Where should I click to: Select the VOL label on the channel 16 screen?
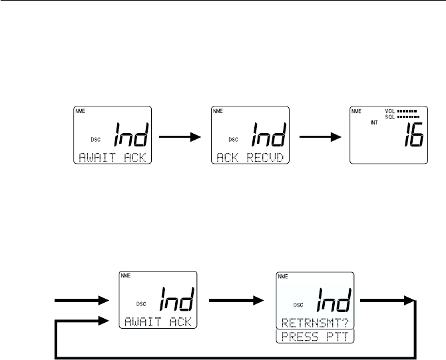(389, 111)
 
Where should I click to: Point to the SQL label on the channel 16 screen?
(389, 116)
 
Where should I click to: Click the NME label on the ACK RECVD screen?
(217, 111)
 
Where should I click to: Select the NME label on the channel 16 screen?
(355, 111)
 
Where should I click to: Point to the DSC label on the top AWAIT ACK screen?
(93, 139)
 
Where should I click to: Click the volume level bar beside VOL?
(407, 111)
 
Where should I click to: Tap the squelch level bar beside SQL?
(407, 116)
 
